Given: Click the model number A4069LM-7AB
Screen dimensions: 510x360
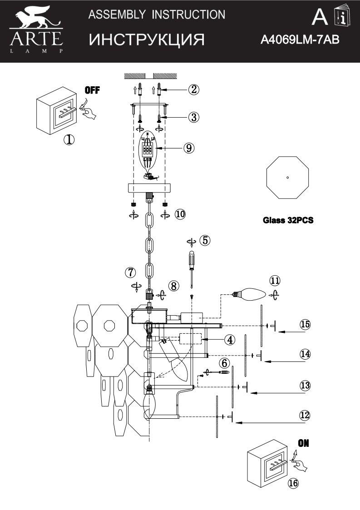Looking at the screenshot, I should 300,40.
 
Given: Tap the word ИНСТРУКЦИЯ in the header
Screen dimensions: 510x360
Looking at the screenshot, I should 147,40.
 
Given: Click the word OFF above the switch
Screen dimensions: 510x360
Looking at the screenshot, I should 92,89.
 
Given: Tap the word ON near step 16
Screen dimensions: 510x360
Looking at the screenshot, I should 304,443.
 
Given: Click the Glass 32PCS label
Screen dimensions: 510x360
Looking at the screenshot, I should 288,221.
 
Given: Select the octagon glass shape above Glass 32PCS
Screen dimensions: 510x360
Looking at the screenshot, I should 287,178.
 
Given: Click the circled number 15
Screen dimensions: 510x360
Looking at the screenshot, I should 305,324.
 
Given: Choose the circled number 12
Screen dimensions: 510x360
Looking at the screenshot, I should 305,414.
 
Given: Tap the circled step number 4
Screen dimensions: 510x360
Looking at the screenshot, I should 230,339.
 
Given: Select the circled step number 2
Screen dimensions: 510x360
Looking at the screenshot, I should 193,89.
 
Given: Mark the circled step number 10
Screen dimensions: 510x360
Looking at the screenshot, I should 180,214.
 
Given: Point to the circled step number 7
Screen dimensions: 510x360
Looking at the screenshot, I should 131,272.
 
